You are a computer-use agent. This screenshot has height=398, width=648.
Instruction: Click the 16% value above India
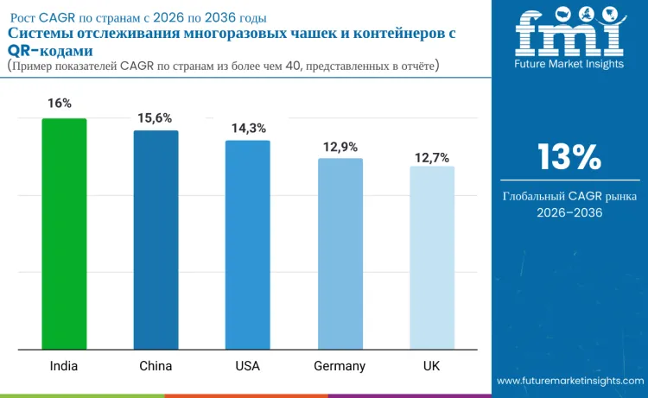pyautogui.click(x=60, y=103)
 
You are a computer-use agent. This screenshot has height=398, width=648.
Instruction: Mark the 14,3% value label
pyautogui.click(x=249, y=128)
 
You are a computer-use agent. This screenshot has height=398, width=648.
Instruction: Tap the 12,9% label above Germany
pyautogui.click(x=340, y=147)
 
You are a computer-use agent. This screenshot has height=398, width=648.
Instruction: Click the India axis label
pyautogui.click(x=63, y=365)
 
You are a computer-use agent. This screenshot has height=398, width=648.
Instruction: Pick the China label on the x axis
pyautogui.click(x=156, y=365)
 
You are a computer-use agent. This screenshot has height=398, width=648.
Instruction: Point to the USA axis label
pyautogui.click(x=248, y=365)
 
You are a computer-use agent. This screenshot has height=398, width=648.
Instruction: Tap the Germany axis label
pyautogui.click(x=340, y=365)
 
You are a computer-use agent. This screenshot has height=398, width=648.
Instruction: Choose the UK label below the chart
pyautogui.click(x=432, y=365)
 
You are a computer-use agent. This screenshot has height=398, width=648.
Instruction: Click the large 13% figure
pyautogui.click(x=569, y=157)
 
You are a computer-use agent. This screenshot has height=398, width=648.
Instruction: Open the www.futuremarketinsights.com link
pyautogui.click(x=569, y=380)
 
